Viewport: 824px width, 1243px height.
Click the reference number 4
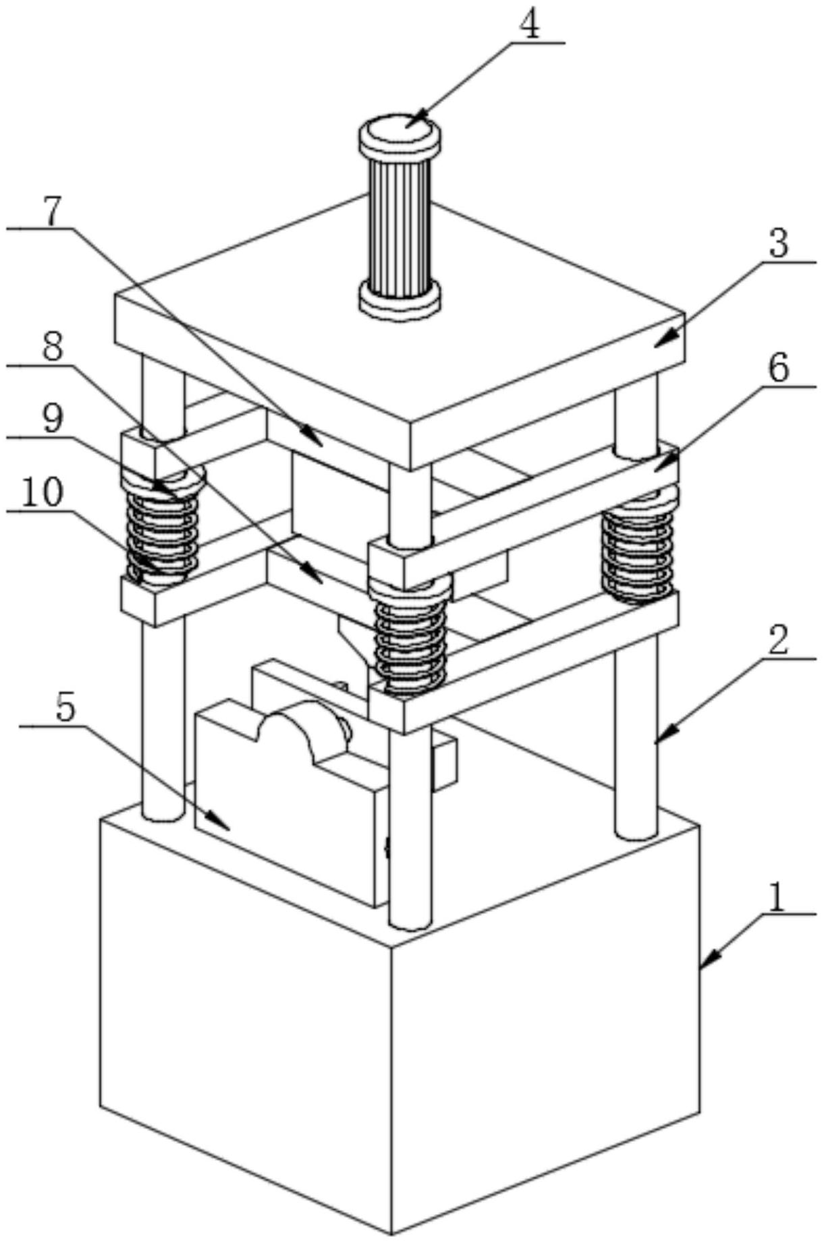pyautogui.click(x=530, y=26)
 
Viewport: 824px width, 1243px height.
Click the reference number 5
pyautogui.click(x=66, y=709)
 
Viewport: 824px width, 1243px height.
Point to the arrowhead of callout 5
pyautogui.click(x=221, y=821)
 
